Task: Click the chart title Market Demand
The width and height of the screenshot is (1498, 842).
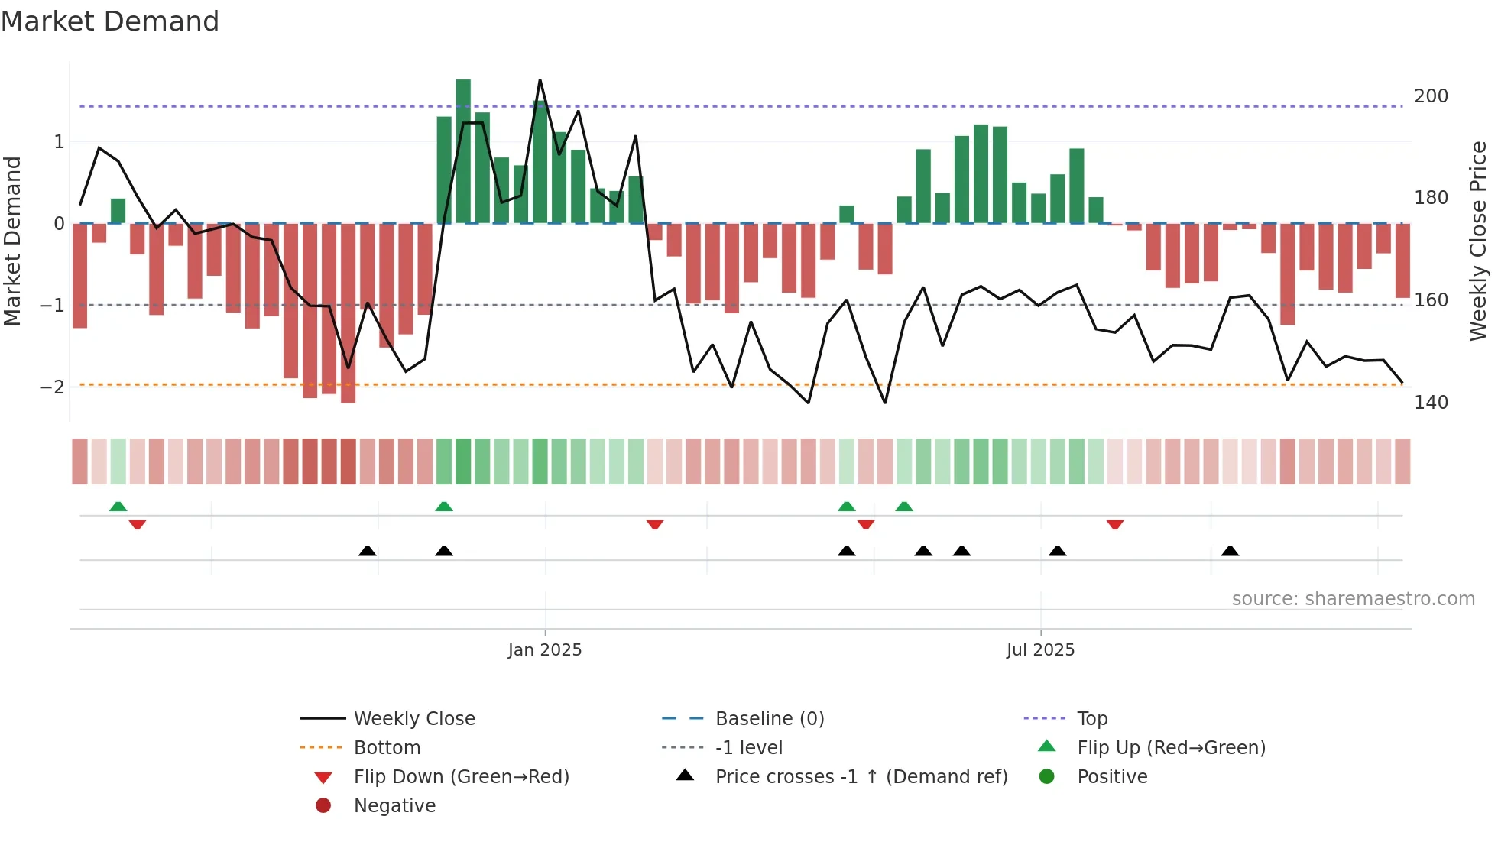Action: click(x=110, y=21)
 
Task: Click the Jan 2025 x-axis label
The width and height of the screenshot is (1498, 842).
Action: click(x=545, y=650)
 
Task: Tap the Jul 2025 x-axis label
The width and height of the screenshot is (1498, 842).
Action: click(x=1040, y=650)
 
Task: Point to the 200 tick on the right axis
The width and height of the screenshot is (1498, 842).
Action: click(x=1431, y=96)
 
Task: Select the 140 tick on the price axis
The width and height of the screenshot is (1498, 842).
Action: click(x=1431, y=403)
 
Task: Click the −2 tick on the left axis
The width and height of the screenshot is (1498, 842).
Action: click(x=52, y=387)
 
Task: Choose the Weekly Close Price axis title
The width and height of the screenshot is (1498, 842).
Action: click(x=1478, y=241)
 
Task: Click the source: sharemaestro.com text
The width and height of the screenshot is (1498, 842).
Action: click(x=1353, y=599)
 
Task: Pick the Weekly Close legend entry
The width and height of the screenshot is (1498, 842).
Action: click(x=413, y=719)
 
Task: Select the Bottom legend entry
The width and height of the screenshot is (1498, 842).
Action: click(x=387, y=748)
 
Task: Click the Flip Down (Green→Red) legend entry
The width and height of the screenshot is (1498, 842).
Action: click(x=461, y=777)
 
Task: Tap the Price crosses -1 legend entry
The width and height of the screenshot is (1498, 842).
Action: click(x=861, y=777)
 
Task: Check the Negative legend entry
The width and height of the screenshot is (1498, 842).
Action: click(x=394, y=806)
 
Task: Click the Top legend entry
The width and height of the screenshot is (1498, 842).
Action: click(x=1091, y=719)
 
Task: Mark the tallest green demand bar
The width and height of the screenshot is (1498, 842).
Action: click(x=463, y=151)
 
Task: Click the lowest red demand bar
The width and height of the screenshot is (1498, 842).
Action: click(x=348, y=313)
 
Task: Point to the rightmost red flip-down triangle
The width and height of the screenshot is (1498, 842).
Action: click(x=1115, y=525)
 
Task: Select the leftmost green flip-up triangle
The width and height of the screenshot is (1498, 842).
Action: click(x=118, y=507)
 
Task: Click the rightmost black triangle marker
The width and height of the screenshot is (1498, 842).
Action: click(x=1230, y=551)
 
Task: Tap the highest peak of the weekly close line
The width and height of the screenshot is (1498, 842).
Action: click(x=540, y=80)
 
